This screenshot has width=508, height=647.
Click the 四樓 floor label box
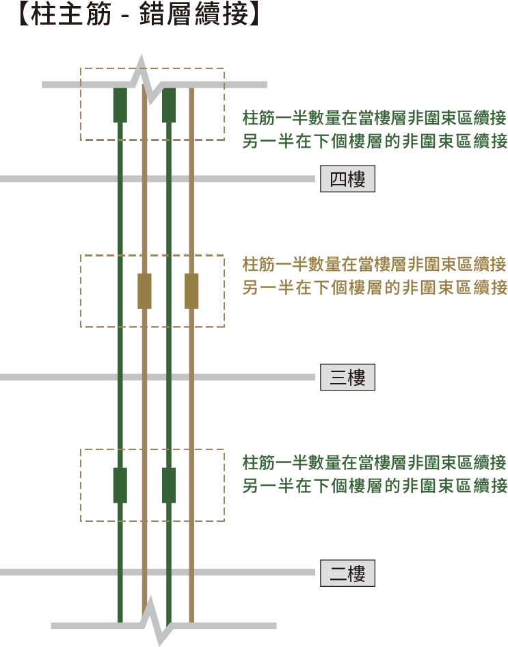(x=347, y=179)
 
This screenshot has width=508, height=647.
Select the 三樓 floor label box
(x=347, y=377)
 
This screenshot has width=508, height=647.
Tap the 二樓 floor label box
(x=347, y=573)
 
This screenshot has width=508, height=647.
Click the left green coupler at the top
(x=120, y=105)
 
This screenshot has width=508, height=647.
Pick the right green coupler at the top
(x=169, y=105)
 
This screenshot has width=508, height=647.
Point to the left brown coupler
(x=144, y=291)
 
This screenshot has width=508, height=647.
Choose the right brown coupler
(x=191, y=291)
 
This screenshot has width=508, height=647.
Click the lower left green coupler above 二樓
(x=120, y=486)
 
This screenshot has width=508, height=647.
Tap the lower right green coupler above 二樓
(x=169, y=486)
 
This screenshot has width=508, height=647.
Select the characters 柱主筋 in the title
(x=71, y=14)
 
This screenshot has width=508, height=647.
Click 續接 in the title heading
(x=221, y=14)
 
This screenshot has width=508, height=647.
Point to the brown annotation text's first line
(x=374, y=264)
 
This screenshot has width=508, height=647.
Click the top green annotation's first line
(x=374, y=118)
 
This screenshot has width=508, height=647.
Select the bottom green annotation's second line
(x=375, y=486)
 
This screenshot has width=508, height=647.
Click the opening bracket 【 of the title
(x=24, y=14)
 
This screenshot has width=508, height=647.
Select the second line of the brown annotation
(x=375, y=288)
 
